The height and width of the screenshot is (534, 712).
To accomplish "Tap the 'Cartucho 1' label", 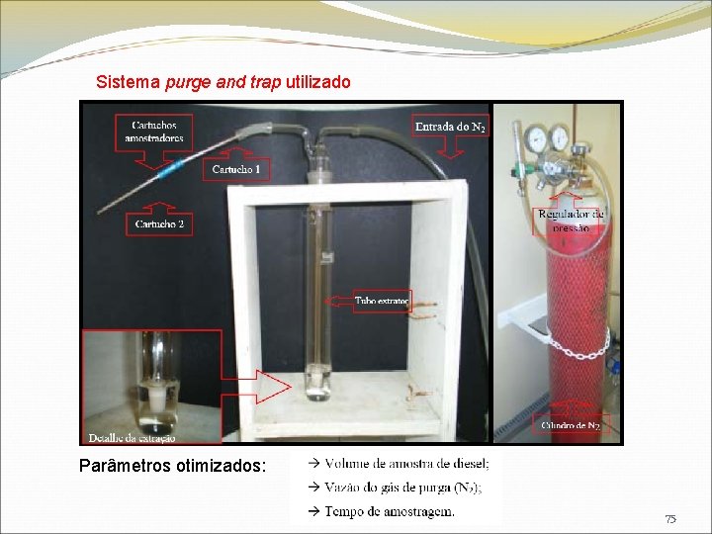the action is (x=236, y=170).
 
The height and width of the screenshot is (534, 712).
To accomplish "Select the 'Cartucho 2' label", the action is (x=159, y=224).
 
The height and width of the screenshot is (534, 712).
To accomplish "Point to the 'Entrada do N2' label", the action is (x=450, y=126).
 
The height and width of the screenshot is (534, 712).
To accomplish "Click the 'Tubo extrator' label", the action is (x=382, y=301).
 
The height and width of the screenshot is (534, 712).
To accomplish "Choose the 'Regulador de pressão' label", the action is (x=571, y=221).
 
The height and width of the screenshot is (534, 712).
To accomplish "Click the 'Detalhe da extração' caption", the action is (x=132, y=437).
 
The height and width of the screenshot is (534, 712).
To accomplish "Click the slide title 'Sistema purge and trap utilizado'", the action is (x=222, y=82).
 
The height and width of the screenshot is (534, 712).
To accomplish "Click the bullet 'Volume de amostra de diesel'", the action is (x=405, y=463).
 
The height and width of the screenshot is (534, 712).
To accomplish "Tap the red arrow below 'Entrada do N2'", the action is (x=450, y=147).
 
